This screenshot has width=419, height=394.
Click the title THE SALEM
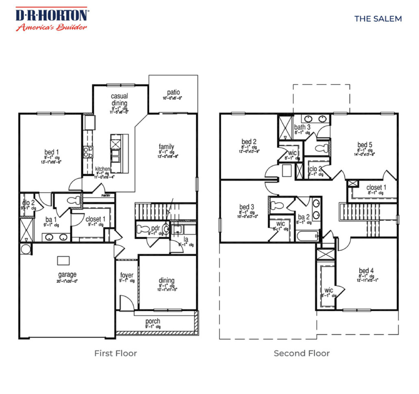pos(378,19)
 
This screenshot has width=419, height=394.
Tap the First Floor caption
pos(115,353)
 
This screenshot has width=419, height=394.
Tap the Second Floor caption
pos(301,353)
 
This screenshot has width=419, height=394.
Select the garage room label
pos(67,274)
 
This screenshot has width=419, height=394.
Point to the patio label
pos(173,92)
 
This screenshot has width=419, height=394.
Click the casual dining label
pos(120,99)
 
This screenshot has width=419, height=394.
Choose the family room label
pos(166,146)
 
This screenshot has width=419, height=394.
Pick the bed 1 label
pos(52,151)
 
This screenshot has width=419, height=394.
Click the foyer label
pos(127,275)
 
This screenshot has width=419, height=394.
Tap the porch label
pos(153,321)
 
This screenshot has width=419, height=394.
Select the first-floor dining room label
pos(166,281)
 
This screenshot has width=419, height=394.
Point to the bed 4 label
pos(366,271)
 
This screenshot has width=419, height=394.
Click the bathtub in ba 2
pos(307,235)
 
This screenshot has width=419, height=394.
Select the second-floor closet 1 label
pos(376,187)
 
